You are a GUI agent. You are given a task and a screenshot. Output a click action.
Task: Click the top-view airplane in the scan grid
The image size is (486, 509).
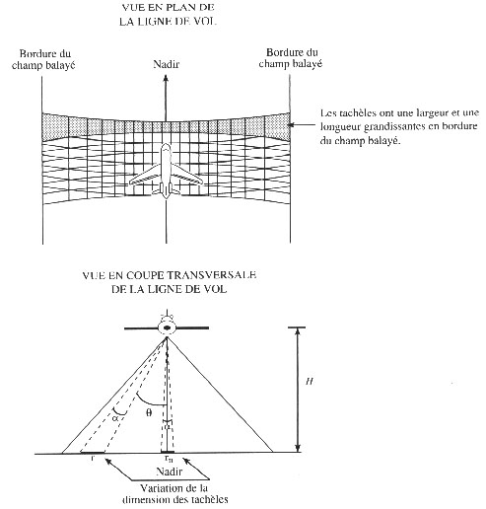tap(166, 171)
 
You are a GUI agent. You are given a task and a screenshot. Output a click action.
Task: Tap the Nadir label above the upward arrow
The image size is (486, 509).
tap(167, 64)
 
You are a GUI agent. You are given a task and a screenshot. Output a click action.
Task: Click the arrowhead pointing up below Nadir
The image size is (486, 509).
tap(166, 78)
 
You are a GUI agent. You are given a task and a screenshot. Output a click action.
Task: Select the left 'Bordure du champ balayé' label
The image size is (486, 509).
tap(43, 59)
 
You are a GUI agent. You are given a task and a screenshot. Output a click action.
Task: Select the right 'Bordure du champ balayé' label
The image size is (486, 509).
tap(291, 58)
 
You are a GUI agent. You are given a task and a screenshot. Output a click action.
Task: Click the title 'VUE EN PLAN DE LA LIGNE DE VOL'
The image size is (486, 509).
tap(168, 15)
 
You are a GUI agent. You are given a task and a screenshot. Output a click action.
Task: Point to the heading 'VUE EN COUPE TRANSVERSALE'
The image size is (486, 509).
tap(170, 275)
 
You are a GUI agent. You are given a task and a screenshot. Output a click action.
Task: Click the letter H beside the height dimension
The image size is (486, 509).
tap(310, 382)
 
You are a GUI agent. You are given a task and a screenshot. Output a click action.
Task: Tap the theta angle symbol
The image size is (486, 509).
tap(149, 412)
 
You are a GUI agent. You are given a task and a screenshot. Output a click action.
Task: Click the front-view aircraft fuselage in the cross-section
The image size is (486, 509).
tap(167, 327)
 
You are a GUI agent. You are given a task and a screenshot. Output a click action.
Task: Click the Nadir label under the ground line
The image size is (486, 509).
tap(169, 472)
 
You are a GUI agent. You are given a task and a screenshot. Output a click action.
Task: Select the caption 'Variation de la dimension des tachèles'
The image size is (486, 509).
tap(174, 494)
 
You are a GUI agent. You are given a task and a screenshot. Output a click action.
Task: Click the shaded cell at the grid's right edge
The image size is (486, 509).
tap(278, 126)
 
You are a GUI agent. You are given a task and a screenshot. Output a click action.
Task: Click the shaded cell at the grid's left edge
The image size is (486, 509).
tap(55, 126)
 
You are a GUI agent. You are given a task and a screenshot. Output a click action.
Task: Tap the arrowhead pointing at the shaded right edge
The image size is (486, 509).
tap(291, 124)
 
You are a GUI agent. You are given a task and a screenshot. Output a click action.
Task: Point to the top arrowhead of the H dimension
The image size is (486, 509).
tap(298, 331)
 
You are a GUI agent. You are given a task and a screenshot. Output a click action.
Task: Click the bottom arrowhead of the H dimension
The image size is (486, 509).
tap(298, 449)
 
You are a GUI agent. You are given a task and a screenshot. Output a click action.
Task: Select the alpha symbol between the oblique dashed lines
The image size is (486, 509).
tap(115, 418)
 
